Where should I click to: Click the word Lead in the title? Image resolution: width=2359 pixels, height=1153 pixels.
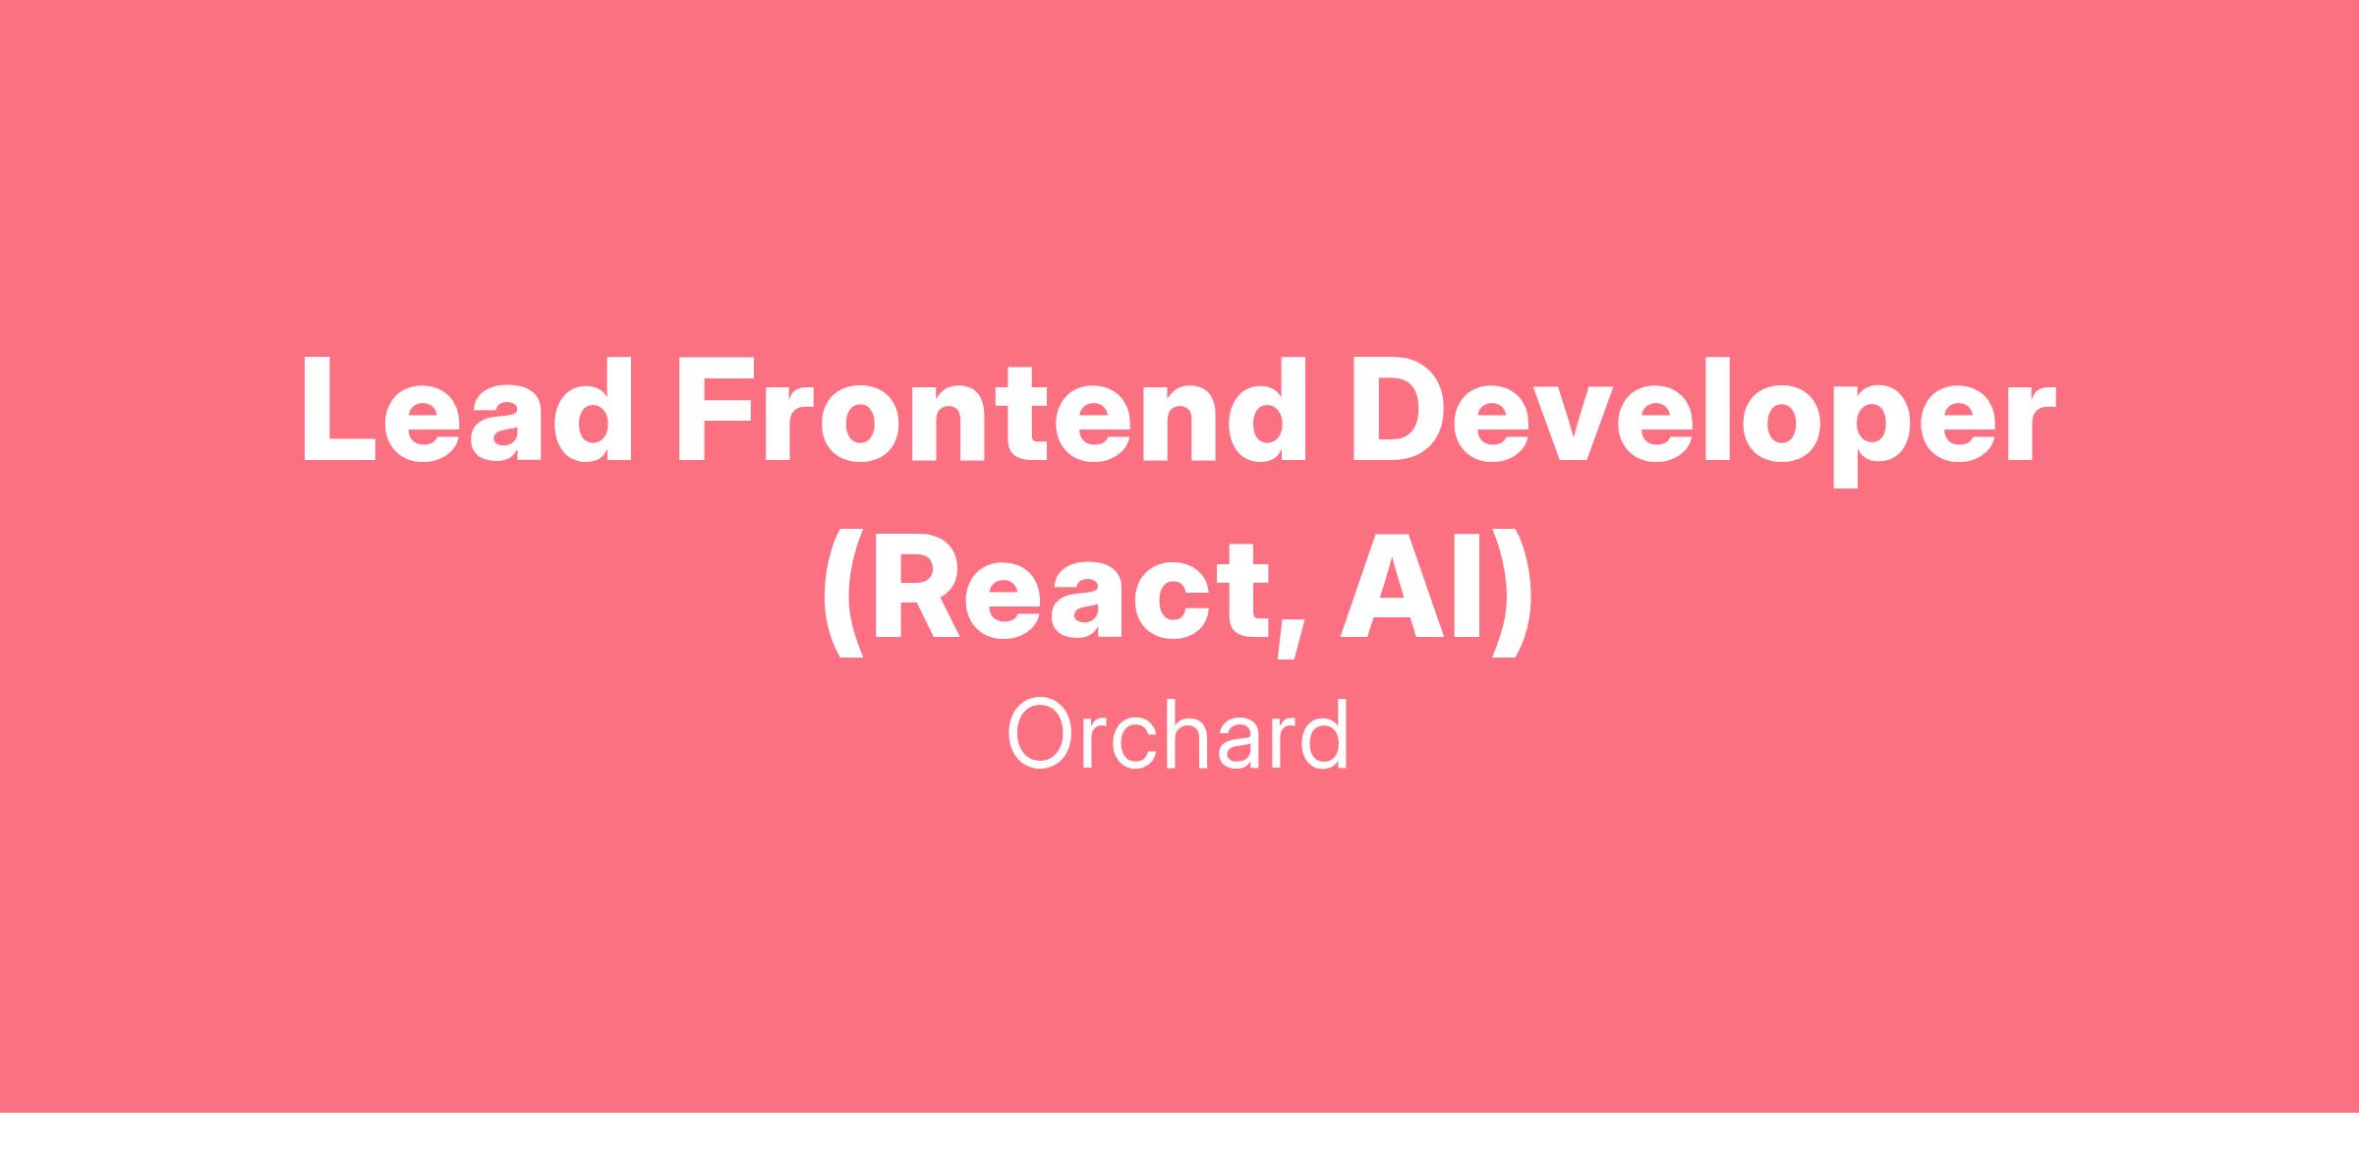[x=467, y=408]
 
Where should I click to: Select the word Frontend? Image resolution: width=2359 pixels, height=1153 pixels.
[x=992, y=408]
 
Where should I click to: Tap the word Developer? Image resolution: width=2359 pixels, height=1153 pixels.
[x=1703, y=420]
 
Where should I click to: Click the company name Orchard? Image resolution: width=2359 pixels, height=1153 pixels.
[x=1178, y=735]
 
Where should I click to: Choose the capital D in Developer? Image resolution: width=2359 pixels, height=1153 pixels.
[x=1403, y=408]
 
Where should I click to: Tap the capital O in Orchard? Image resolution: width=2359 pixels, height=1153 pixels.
[x=1040, y=735]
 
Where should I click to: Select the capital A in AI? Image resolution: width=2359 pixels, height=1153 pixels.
[x=1394, y=585]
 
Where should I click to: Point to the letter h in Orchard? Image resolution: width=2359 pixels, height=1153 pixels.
[x=1186, y=734]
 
